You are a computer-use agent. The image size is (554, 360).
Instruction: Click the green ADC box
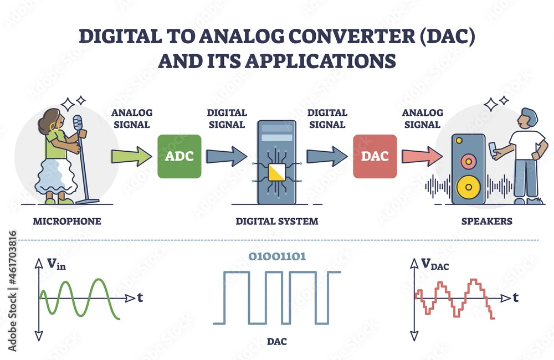tap(180, 156)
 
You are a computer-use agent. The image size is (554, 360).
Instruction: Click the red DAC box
tap(375, 156)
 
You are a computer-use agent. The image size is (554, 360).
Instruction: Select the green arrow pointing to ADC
tap(131, 157)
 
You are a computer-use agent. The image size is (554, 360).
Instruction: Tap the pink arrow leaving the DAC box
tap(421, 157)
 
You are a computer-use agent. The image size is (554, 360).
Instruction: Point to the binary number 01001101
tap(276, 256)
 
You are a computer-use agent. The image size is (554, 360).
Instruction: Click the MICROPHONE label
tap(66, 222)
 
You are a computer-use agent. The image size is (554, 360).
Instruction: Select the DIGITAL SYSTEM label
tap(276, 222)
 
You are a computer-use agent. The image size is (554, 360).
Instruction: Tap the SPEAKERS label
tap(487, 222)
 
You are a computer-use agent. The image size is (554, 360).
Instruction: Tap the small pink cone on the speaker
tap(468, 161)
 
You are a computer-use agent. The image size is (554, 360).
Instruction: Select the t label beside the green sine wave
tap(140, 298)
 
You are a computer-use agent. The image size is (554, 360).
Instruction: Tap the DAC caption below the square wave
tap(276, 342)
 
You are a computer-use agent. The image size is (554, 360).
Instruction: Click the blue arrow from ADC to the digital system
tap(226, 156)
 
